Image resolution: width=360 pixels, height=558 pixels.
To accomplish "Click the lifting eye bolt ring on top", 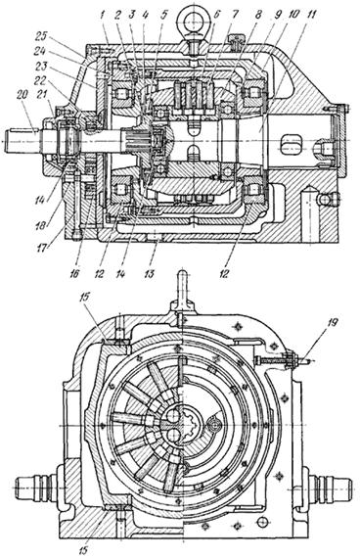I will pos(193,15).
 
